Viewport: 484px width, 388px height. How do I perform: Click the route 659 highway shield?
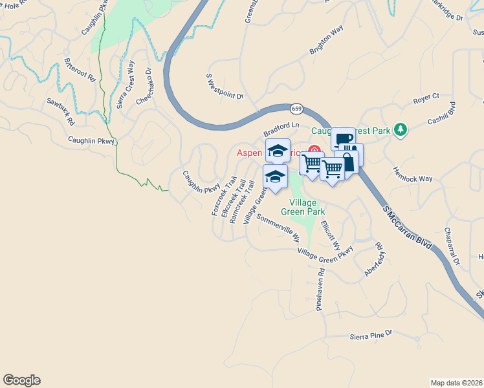coord(296,108)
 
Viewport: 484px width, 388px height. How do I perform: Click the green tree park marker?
coord(401,130)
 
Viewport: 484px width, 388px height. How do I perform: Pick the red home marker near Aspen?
coord(314,151)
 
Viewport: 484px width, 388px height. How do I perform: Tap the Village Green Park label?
coord(302,206)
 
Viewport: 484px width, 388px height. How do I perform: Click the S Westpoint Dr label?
coord(225,87)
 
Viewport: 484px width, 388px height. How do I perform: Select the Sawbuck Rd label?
coord(60,112)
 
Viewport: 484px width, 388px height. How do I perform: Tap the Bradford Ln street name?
coord(282,125)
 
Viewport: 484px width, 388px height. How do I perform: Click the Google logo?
coord(21,380)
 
